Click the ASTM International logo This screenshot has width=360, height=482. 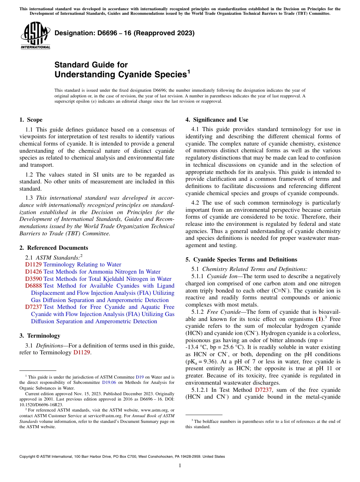click(35, 37)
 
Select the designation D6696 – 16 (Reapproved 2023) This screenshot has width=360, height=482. click(124, 33)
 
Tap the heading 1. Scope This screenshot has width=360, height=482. click(31, 120)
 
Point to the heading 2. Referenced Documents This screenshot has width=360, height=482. click(53, 248)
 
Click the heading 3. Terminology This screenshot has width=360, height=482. click(40, 336)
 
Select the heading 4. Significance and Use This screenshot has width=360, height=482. click(217, 120)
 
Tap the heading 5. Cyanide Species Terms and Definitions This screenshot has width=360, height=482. click(241, 260)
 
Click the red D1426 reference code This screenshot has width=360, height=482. click(33, 272)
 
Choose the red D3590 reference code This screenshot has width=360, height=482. click(33, 279)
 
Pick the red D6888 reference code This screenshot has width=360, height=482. click(33, 286)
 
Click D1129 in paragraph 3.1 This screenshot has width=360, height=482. click(82, 352)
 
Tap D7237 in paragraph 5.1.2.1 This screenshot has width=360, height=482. click(263, 390)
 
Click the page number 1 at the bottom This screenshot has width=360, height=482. click(180, 466)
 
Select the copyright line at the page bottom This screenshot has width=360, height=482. click(122, 457)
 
